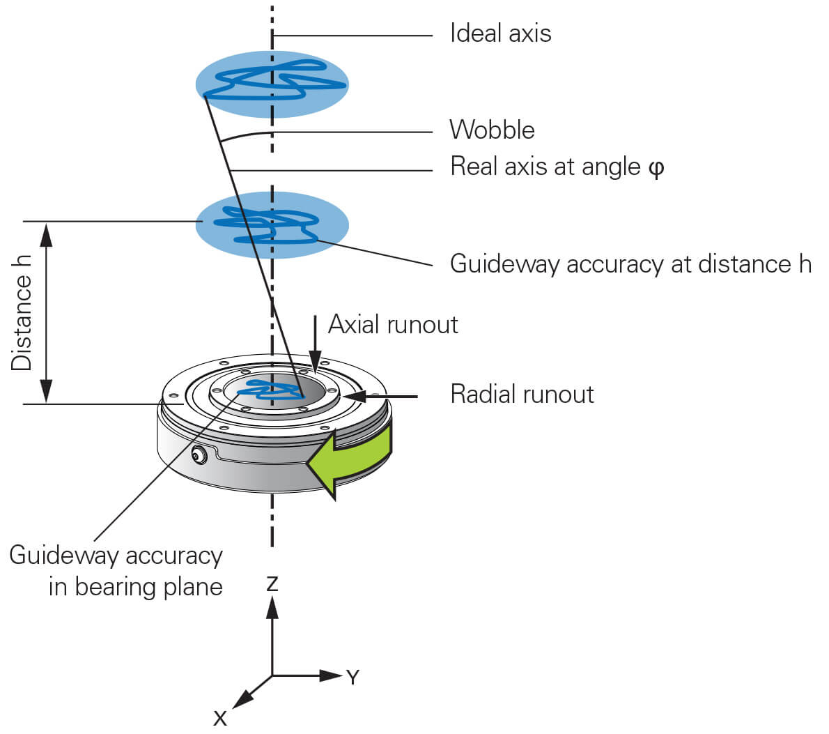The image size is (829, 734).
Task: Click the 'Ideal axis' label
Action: (x=500, y=33)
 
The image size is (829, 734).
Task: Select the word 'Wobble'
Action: (x=492, y=130)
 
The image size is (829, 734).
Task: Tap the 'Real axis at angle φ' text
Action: (x=556, y=167)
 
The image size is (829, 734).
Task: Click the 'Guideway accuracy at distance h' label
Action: (x=630, y=264)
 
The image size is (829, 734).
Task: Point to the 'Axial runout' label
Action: (x=393, y=325)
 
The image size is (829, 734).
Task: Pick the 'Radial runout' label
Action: (x=522, y=395)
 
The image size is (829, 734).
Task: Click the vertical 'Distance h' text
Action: (x=22, y=312)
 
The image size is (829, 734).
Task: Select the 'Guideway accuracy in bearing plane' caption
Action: (x=116, y=571)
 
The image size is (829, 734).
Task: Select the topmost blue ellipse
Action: (x=272, y=84)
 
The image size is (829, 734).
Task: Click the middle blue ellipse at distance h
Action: (x=272, y=225)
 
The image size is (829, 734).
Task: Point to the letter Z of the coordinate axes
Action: (x=272, y=584)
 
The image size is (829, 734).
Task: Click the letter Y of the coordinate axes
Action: (x=352, y=677)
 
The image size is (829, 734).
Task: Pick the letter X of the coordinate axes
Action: (x=220, y=718)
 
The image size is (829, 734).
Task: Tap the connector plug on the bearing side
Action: (x=199, y=456)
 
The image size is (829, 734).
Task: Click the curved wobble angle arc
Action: (x=244, y=135)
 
